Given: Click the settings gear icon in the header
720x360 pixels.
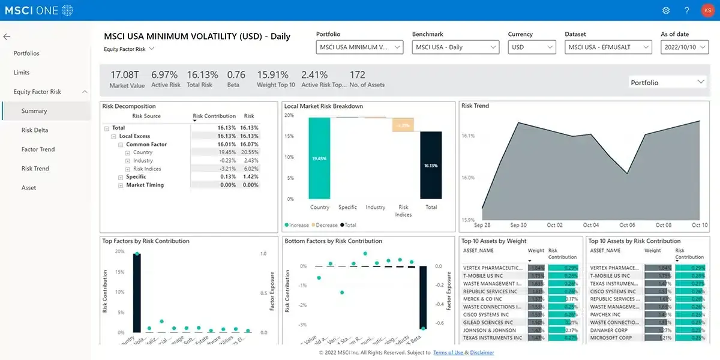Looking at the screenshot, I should tap(666, 10).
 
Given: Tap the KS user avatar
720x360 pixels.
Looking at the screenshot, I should tap(707, 10).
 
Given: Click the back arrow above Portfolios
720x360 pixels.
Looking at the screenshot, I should tap(7, 37).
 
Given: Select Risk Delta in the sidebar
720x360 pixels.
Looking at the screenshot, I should tap(35, 130).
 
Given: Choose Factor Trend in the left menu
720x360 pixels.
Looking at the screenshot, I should tap(38, 149).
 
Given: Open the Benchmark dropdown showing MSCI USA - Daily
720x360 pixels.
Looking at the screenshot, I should tap(455, 47).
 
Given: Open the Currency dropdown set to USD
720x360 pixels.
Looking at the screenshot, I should tap(532, 47).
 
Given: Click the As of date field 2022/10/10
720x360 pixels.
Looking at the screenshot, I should tap(684, 47).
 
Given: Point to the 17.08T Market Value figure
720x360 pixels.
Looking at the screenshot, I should tap(125, 75).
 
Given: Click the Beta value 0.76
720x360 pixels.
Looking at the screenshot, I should tap(236, 75).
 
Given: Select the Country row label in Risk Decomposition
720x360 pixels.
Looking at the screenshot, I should tap(143, 152).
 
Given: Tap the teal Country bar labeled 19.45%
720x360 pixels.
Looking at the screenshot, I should tap(319, 158).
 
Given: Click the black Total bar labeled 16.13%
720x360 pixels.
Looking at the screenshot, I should tap(431, 165).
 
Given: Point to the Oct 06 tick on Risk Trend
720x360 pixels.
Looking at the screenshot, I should tap(627, 225).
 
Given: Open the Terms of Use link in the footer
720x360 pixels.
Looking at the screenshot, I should tap(448, 353).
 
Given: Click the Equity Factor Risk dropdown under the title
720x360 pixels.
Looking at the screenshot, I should tap(129, 49).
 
